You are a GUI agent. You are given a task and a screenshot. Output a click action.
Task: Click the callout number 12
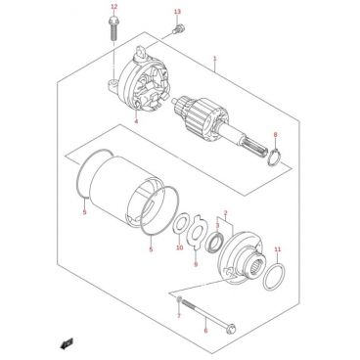pos(113,7)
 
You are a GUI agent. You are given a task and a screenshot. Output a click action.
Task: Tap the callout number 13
pos(177,12)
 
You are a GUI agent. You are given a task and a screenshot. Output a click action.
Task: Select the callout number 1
pos(215,59)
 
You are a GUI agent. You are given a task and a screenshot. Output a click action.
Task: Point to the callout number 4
pos(136,121)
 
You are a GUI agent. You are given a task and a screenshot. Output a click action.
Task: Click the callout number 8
pos(276,134)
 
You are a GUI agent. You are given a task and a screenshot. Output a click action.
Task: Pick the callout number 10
pos(180,247)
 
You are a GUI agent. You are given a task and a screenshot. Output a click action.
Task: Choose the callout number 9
pos(196,264)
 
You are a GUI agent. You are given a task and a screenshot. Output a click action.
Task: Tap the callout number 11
pos(278,249)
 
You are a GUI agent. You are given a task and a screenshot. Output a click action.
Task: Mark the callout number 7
pos(179,316)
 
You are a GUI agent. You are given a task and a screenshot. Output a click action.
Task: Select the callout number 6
pos(205,331)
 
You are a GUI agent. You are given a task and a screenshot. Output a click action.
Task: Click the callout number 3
pos(217,225)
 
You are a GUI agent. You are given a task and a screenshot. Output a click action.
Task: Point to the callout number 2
pos(225,213)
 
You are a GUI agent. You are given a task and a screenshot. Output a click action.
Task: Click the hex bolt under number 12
pos(113,27)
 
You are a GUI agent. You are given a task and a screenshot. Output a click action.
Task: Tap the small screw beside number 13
pos(178,29)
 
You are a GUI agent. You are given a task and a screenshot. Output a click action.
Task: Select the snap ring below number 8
pos(273,157)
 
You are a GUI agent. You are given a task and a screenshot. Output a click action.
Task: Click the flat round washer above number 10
pos(179,227)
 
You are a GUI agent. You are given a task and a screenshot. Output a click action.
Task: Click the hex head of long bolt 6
pos(231,329)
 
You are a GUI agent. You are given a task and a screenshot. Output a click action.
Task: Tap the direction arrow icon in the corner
pos(67,343)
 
